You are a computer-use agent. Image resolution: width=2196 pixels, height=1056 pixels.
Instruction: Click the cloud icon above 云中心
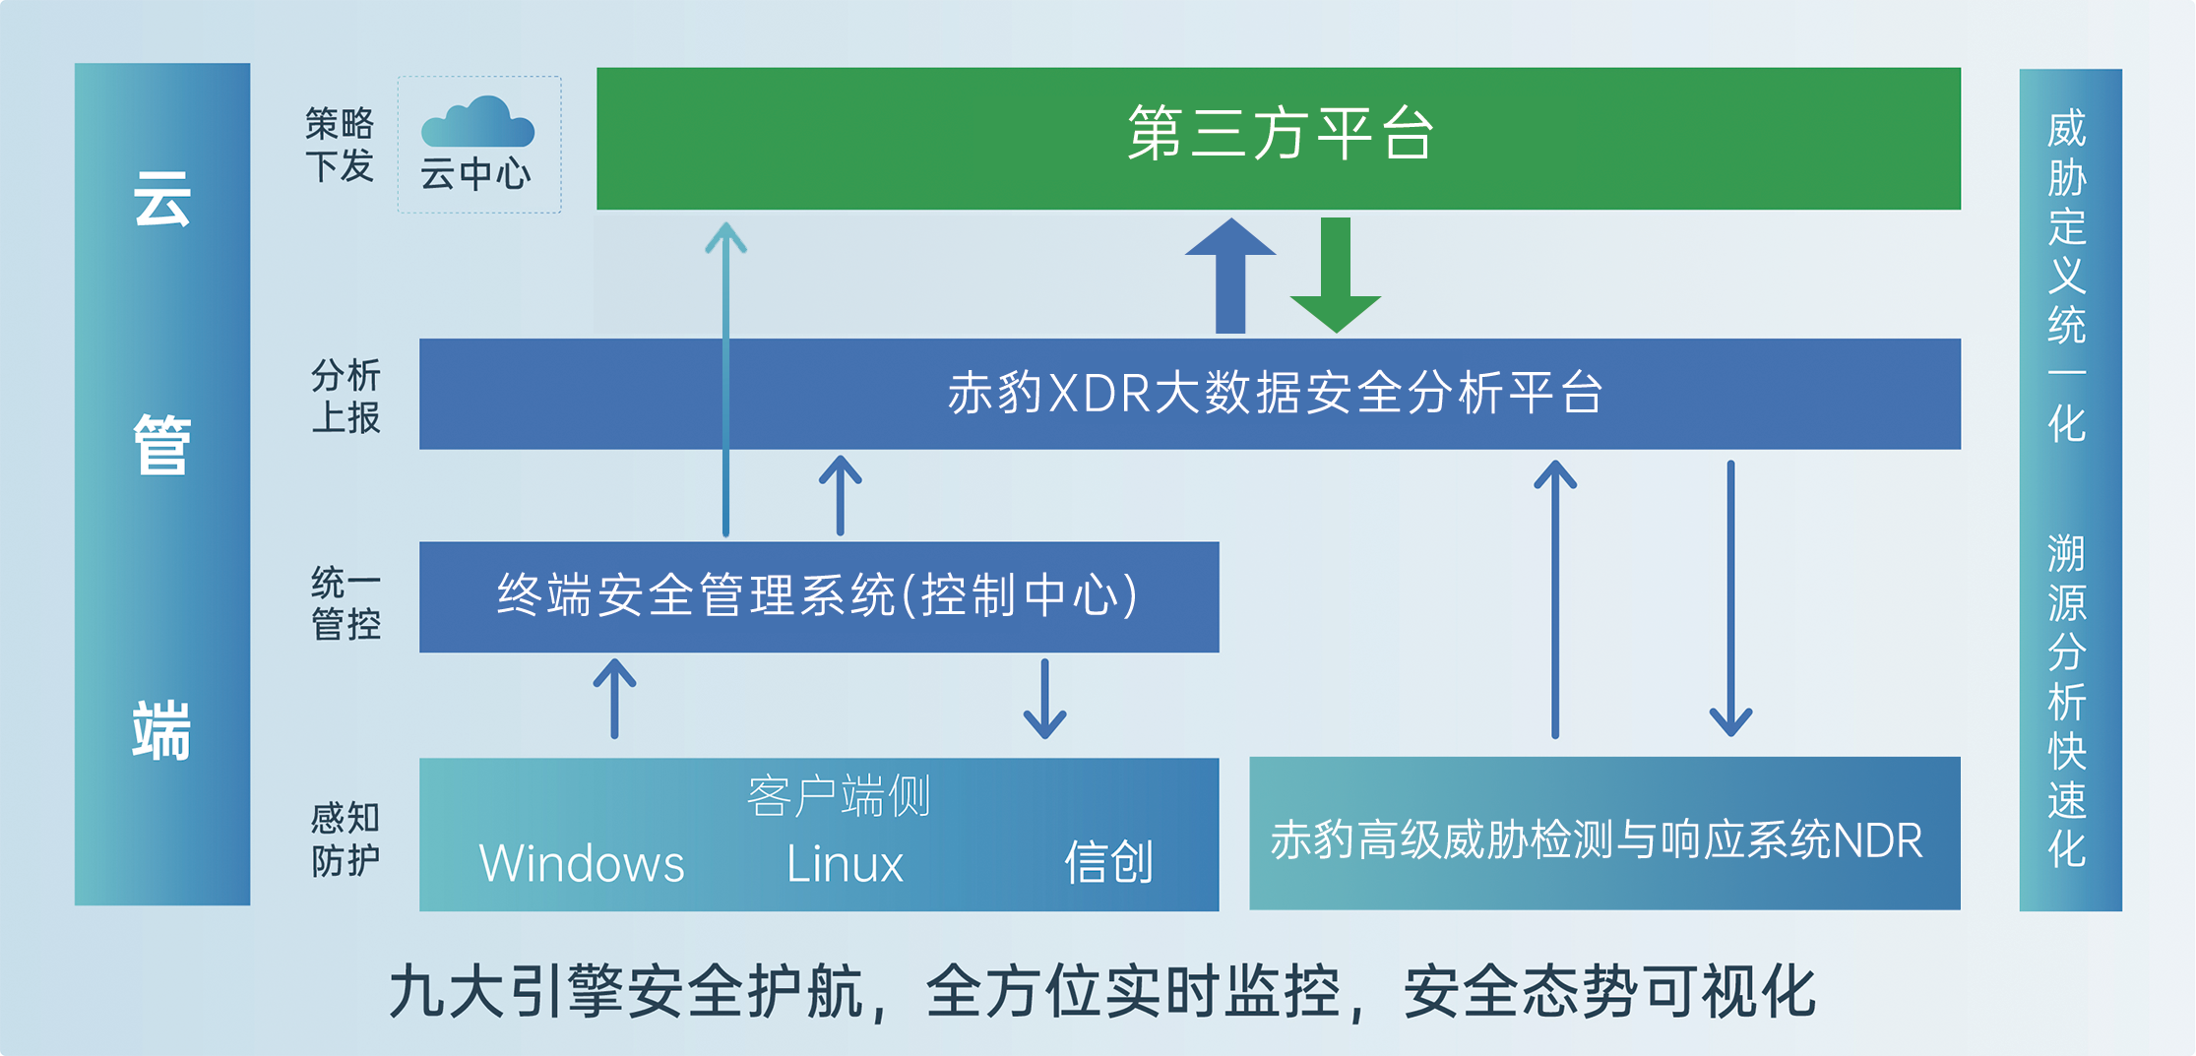[x=477, y=122]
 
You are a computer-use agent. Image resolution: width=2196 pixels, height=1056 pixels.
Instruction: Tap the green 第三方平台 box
[x=1278, y=138]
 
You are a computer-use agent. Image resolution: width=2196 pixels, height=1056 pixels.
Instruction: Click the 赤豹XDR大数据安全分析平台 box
[x=1189, y=394]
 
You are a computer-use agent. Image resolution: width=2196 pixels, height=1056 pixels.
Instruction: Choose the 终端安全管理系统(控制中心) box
[x=818, y=596]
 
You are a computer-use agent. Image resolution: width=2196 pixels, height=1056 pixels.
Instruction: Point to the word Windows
[x=581, y=864]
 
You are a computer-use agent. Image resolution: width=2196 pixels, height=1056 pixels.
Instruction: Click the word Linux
[x=844, y=864]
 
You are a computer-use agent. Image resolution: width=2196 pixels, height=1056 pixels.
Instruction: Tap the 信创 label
[x=1108, y=862]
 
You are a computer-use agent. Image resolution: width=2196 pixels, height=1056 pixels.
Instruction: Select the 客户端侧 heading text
[x=838, y=795]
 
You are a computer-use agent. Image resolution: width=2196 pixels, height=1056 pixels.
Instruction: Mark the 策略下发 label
[x=340, y=145]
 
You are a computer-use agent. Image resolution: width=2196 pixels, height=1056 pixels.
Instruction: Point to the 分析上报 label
[x=345, y=396]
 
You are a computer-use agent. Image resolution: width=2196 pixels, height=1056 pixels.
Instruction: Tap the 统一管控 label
[x=345, y=602]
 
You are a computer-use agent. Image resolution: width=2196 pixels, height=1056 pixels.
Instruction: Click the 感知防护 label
[x=345, y=839]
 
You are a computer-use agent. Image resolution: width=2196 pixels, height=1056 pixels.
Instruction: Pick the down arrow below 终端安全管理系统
[x=1044, y=699]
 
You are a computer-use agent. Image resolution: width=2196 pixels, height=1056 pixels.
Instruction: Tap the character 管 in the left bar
[x=161, y=445]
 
